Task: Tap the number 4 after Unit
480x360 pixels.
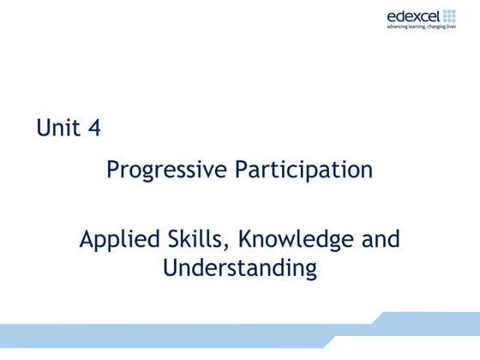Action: [93, 129]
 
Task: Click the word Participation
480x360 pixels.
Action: [304, 171]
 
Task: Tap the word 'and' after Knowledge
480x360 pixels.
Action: [381, 238]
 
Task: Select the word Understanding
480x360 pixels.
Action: [240, 268]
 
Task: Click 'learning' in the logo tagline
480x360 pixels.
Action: [420, 27]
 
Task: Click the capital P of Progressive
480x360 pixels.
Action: [112, 170]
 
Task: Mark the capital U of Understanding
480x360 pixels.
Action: [170, 267]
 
